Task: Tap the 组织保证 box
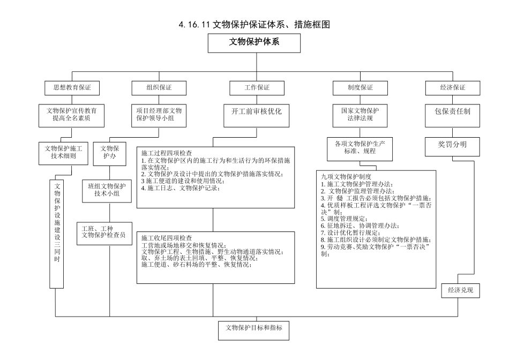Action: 159,87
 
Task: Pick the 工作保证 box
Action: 257,87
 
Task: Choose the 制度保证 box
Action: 360,87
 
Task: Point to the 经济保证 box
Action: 453,87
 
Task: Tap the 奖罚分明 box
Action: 453,145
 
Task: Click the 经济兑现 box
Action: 460,290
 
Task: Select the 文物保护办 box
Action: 110,152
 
